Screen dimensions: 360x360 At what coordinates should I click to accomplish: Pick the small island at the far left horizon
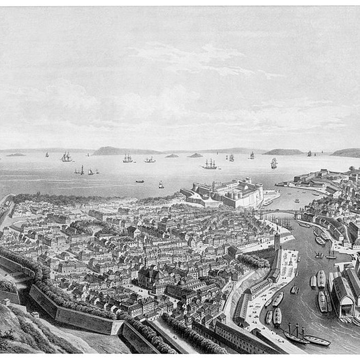coord(15,154)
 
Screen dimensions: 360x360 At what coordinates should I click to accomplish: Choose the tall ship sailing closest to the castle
coord(209,165)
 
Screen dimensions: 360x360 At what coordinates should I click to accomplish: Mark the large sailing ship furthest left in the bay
coord(66,157)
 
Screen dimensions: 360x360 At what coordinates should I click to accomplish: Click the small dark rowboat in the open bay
coord(140,181)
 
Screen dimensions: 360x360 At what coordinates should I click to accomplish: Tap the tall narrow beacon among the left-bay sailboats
coord(82,170)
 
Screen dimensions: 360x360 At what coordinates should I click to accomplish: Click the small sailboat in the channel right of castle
coord(297,200)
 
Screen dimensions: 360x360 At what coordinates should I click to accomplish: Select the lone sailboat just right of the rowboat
coord(161,185)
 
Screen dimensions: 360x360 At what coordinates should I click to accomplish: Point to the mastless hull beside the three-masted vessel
coord(317,340)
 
